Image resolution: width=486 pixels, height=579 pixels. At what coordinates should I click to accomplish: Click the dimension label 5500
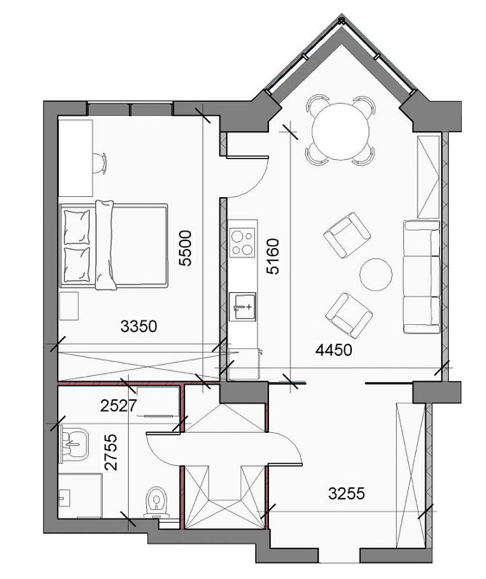184,250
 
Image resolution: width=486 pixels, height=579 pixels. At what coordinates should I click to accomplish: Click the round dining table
342,131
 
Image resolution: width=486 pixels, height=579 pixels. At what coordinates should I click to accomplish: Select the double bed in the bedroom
112,244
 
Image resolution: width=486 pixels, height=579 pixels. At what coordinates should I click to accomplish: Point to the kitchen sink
243,303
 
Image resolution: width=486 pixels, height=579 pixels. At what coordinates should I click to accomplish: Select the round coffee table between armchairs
376,276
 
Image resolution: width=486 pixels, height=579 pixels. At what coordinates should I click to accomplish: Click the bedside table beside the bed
69,305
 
